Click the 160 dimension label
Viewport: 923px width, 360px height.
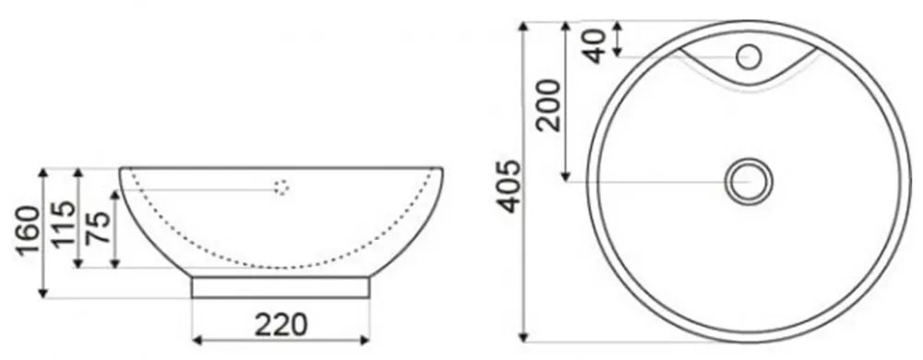[29, 230]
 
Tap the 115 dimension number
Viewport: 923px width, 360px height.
[64, 223]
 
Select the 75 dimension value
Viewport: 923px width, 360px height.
[99, 227]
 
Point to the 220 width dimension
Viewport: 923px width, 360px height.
[281, 325]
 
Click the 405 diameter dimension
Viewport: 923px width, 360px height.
[509, 186]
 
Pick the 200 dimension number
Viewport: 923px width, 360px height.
[550, 104]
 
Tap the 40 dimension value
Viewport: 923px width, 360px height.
[595, 46]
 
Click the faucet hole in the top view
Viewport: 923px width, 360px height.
[749, 57]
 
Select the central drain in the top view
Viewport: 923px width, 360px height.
[749, 181]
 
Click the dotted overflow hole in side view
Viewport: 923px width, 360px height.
[282, 187]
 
